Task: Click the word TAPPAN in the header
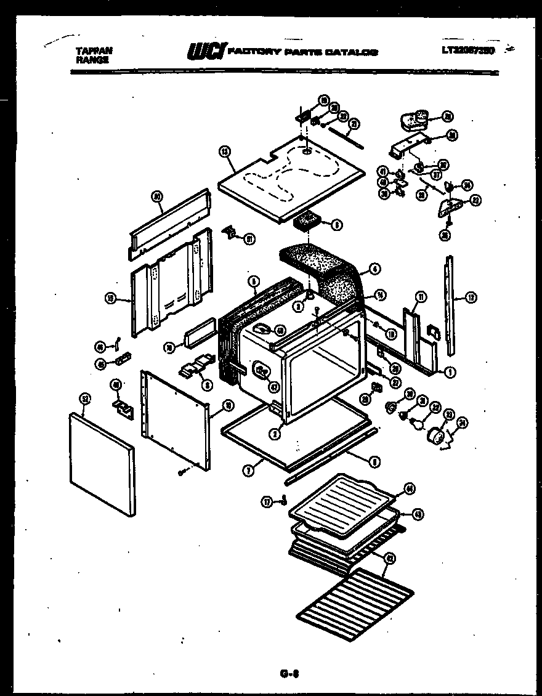pos(94,52)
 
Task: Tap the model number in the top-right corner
pos(468,51)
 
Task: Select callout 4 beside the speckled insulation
pos(375,269)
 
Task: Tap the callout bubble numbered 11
pos(421,297)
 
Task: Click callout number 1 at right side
pos(450,372)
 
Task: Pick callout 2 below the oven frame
pos(276,434)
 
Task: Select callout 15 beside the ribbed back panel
pos(111,299)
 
